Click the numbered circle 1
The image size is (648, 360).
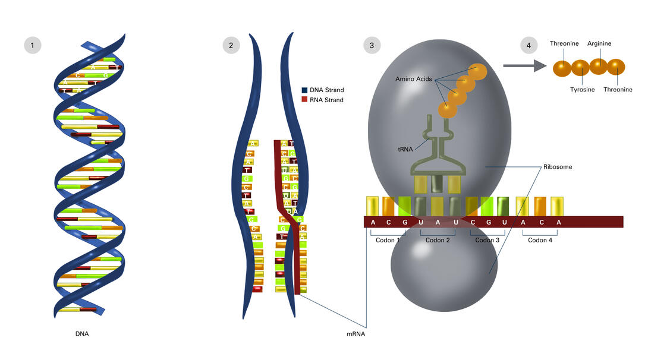(33, 45)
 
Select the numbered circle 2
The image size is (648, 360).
(231, 45)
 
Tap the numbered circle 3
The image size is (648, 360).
(372, 45)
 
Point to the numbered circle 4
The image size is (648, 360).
(528, 45)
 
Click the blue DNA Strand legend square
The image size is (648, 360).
(304, 90)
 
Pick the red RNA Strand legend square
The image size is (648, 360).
(304, 100)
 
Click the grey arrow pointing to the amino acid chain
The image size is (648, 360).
(524, 67)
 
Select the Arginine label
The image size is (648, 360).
(599, 44)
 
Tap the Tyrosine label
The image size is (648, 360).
(582, 90)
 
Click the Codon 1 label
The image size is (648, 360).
(388, 241)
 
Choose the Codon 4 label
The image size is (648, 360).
(540, 241)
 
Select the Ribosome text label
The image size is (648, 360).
(557, 167)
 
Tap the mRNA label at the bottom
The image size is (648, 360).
(356, 334)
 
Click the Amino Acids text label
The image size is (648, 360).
(413, 79)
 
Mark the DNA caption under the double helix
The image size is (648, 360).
(82, 334)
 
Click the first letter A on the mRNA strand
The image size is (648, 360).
(373, 222)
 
